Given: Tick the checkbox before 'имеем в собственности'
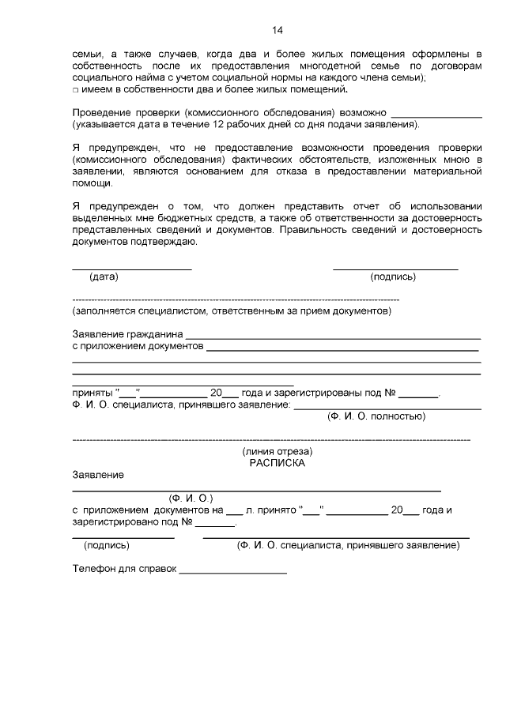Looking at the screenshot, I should pos(75,90).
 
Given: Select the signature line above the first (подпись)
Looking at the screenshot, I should pos(395,269).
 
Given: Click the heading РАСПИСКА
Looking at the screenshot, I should pos(277,463).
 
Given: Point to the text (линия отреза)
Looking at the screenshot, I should pos(277,451).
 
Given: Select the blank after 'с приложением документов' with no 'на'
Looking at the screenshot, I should pos(342,348).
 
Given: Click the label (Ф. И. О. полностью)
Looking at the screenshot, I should pos(376,416).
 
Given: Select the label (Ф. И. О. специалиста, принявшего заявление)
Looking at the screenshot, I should pos(348,545).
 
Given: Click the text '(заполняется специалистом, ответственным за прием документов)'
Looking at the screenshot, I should pos(232,311).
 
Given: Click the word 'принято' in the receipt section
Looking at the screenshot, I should pos(275,510).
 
